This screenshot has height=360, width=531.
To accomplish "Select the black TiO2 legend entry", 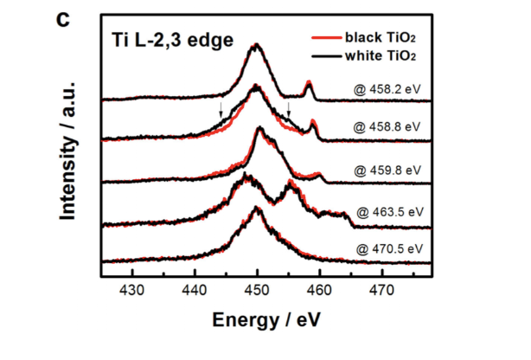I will tap(381, 37).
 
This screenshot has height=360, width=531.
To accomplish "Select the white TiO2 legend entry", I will tap(381, 55).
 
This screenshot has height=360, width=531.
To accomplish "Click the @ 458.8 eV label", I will tap(390, 126).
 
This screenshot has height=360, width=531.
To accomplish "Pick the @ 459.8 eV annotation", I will tap(390, 170).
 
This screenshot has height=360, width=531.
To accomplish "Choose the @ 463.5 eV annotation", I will tap(390, 210).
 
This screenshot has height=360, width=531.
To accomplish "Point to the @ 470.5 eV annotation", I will tap(390, 249).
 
